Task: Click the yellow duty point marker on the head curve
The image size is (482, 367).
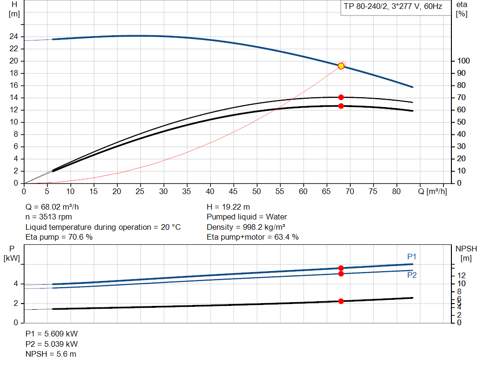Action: coord(341,66)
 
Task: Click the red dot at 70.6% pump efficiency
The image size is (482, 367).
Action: coord(341,97)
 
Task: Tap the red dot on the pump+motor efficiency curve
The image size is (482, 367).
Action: coord(341,106)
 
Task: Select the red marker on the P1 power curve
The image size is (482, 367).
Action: coord(341,268)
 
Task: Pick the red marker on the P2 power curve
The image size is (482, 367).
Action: coord(341,273)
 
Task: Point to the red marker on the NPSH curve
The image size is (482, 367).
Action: coord(341,301)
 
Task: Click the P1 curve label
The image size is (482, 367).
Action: coord(412,257)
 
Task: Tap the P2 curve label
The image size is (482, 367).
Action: coord(412,275)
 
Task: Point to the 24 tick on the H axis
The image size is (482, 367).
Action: coord(14,37)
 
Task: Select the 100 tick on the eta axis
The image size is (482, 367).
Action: coord(463,61)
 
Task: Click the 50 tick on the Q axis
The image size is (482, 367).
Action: coord(257,191)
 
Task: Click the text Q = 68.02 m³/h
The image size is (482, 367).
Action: coord(56,207)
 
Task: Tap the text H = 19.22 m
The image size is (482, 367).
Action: coord(228,207)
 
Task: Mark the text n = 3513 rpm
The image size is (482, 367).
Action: coord(49,217)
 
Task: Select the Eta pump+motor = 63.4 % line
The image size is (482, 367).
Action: coord(253,237)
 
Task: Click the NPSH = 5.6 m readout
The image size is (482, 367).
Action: coord(51,354)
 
